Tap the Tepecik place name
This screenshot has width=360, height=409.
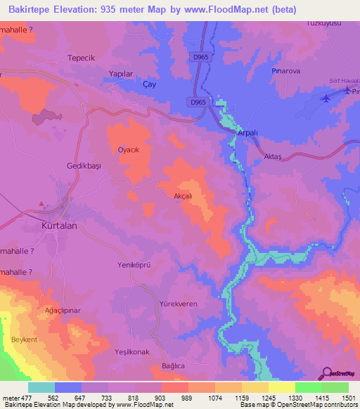(80, 58)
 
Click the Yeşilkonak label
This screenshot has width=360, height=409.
(131, 351)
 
